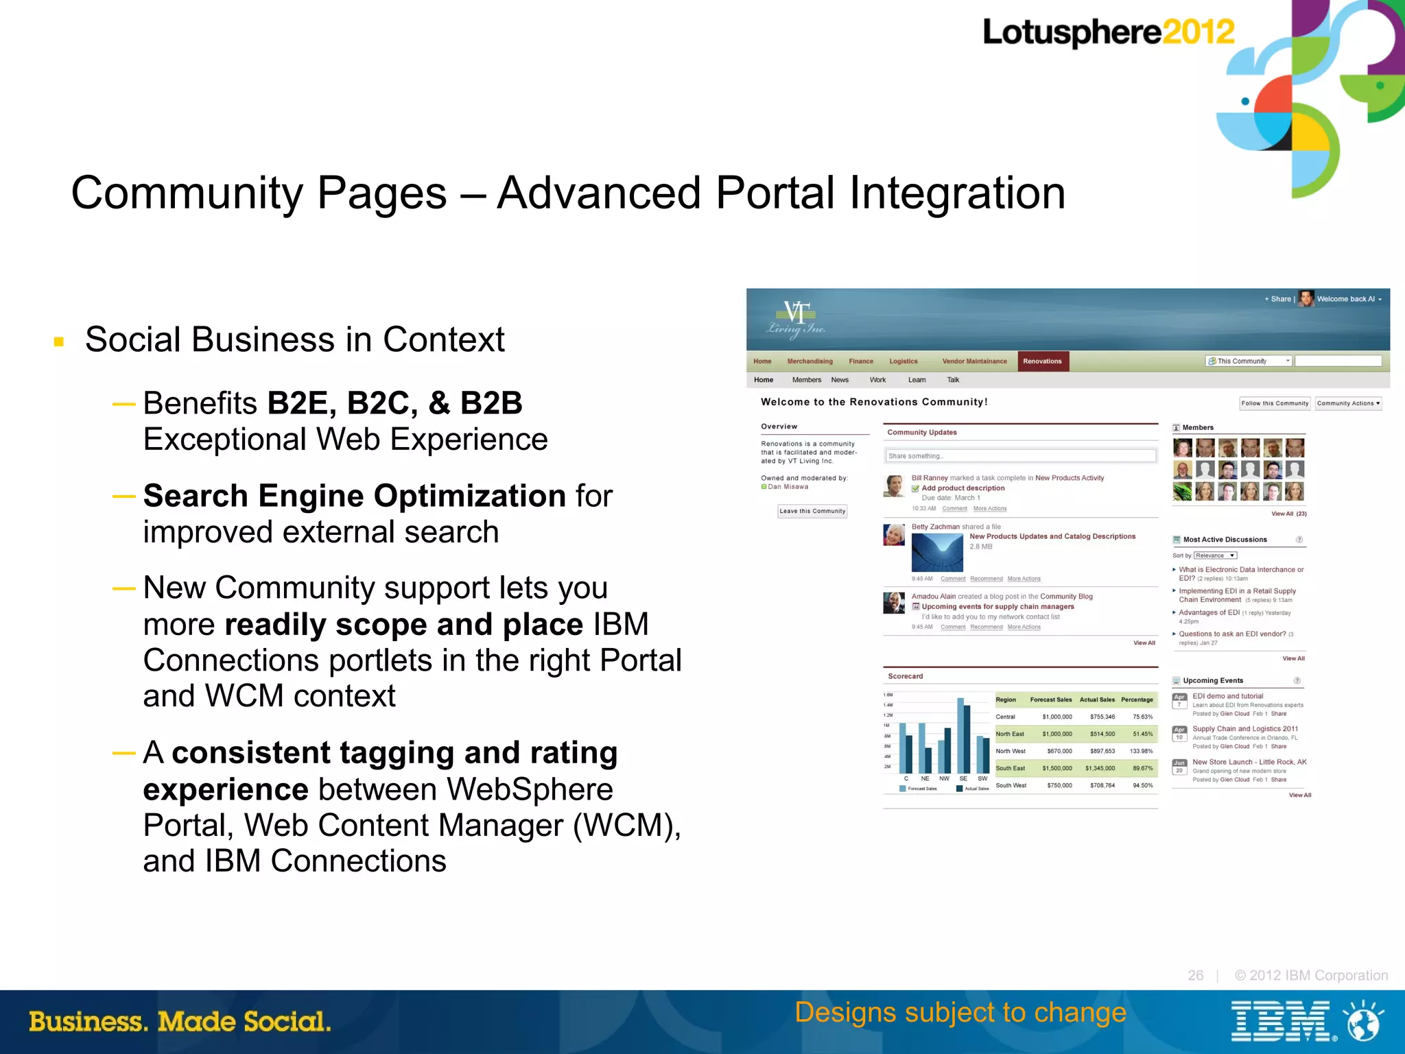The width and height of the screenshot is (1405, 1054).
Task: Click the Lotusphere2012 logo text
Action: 1107,32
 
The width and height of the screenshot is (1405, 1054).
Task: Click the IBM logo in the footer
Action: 1281,1021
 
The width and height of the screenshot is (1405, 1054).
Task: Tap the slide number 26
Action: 1195,975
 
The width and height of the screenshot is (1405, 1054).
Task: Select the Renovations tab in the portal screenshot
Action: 1042,361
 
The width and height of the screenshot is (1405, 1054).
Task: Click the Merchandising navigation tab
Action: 810,361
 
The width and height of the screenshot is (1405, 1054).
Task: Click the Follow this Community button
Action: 1275,403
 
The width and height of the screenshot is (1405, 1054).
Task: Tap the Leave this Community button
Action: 812,511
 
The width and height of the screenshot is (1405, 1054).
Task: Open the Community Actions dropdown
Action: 1348,403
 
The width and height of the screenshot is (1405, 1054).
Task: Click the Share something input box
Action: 1020,456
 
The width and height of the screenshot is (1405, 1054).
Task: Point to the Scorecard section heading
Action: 905,676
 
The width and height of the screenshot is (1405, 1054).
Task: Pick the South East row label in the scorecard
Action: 1010,768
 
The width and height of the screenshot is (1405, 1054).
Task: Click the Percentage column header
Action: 1137,699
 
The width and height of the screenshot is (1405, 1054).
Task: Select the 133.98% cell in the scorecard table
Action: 1141,751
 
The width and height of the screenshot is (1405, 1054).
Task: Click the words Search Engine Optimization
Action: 354,496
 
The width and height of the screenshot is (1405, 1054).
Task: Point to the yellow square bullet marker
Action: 59,341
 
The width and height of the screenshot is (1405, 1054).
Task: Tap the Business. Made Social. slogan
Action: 180,1021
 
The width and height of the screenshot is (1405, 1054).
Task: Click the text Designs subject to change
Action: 960,1012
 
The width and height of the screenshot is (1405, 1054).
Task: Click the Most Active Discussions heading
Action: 1225,540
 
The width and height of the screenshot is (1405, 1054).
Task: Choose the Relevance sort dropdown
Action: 1215,555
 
